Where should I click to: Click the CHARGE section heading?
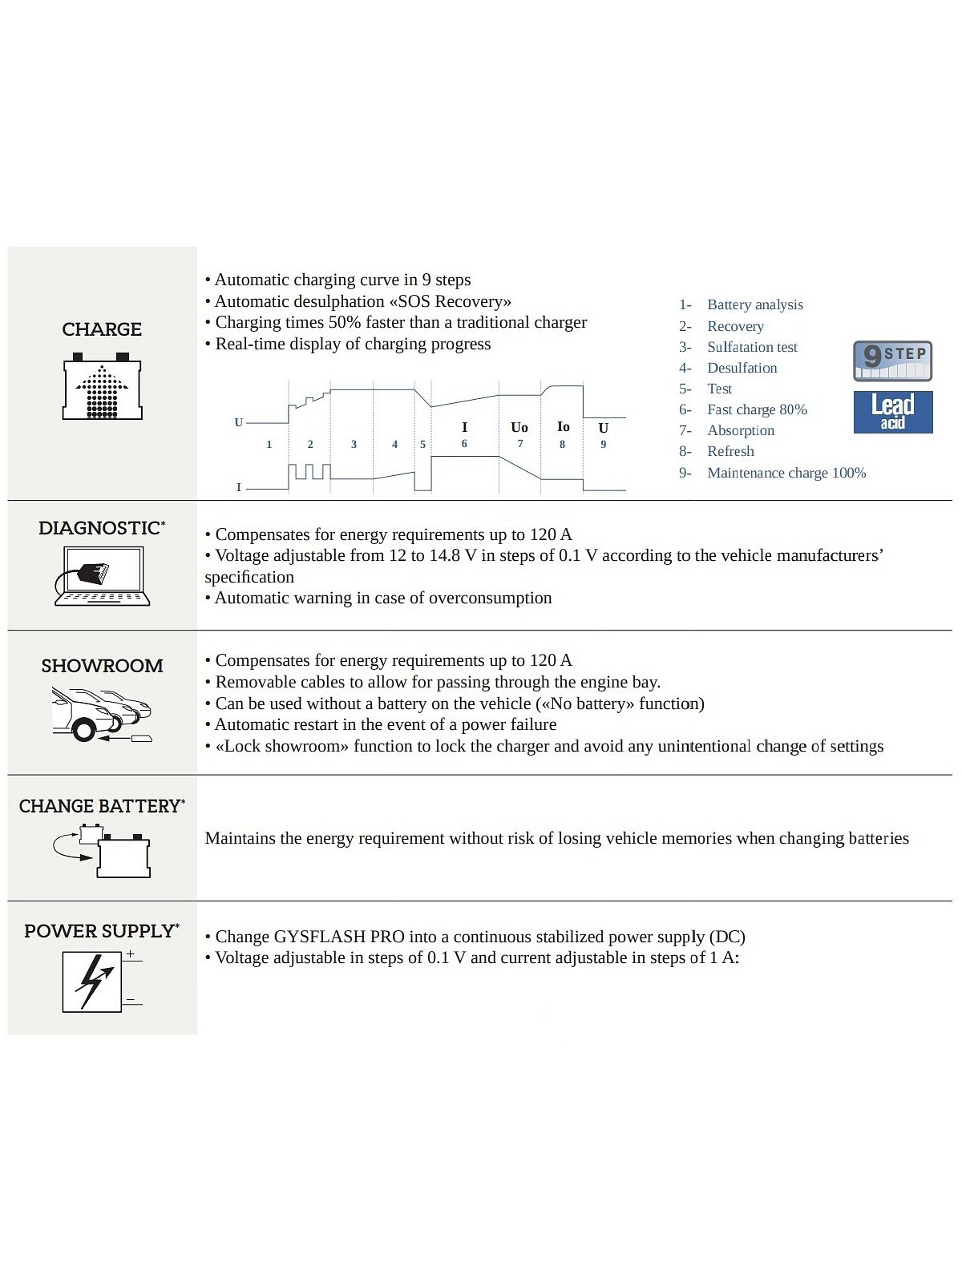[x=102, y=329]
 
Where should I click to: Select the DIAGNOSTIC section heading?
[x=101, y=528]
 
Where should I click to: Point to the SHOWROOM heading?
[x=102, y=666]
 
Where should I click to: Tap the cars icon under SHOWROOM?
[x=101, y=714]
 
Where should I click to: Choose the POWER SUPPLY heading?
[x=101, y=931]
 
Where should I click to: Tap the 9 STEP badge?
[x=892, y=361]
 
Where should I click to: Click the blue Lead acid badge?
[x=892, y=412]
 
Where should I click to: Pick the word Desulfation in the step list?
[x=742, y=368]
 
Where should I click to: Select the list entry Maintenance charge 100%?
[x=786, y=473]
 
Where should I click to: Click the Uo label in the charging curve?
[x=519, y=428]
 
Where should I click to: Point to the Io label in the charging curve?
[x=563, y=427]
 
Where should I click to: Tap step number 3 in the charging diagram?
[x=354, y=445]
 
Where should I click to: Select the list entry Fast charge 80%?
[x=757, y=409]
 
